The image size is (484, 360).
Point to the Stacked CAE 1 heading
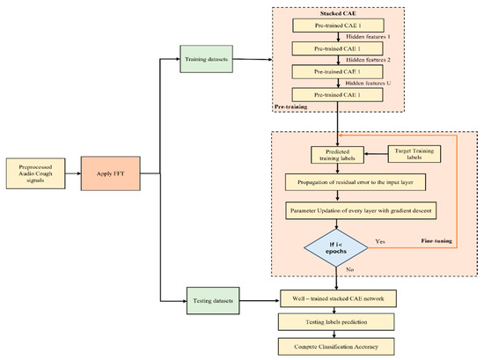[x=339, y=15]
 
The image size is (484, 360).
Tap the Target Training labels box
[x=414, y=155]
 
